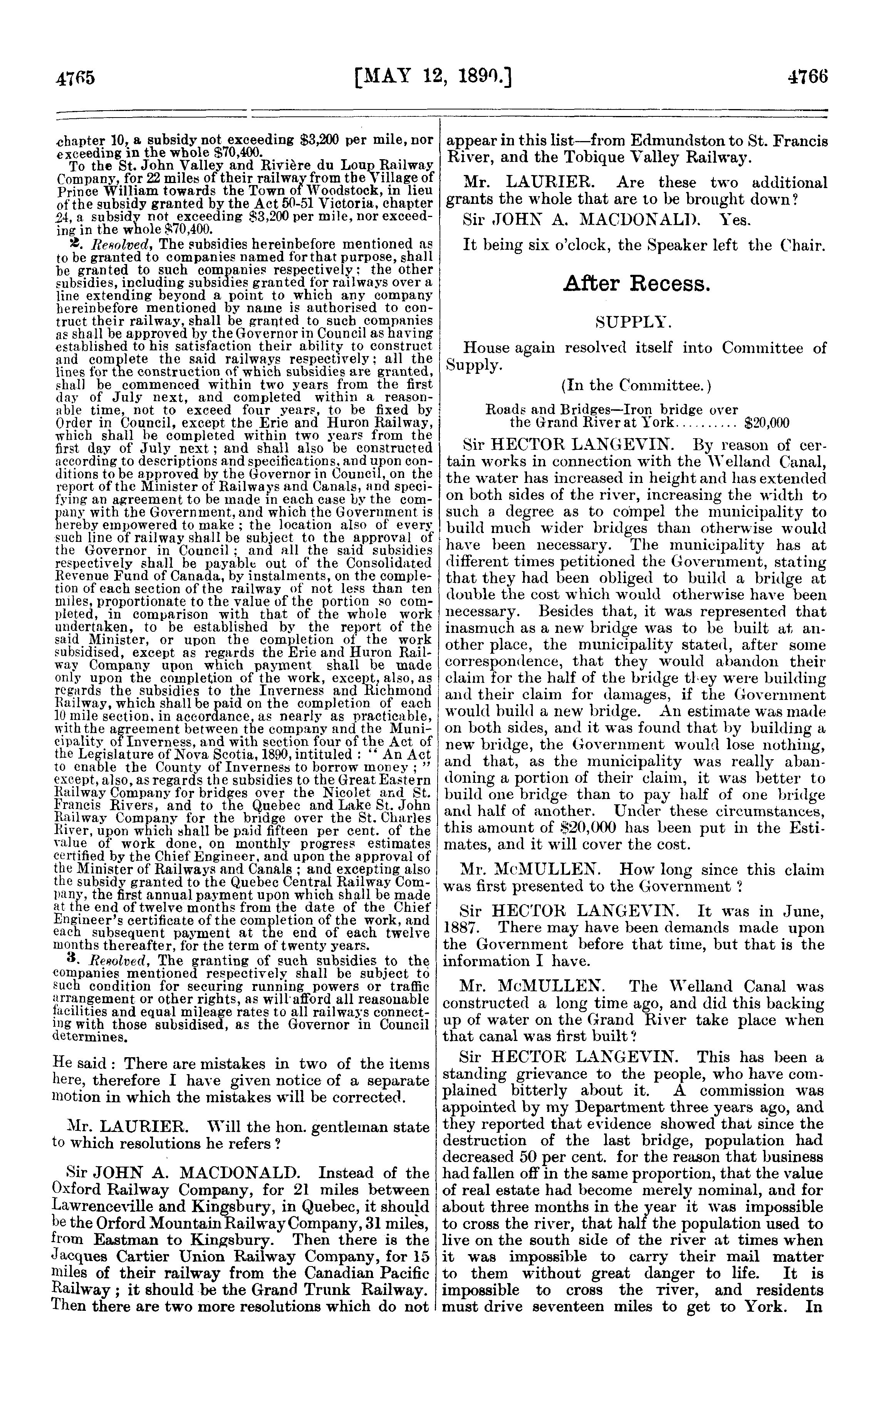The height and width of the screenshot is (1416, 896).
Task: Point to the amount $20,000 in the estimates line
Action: (x=767, y=424)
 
